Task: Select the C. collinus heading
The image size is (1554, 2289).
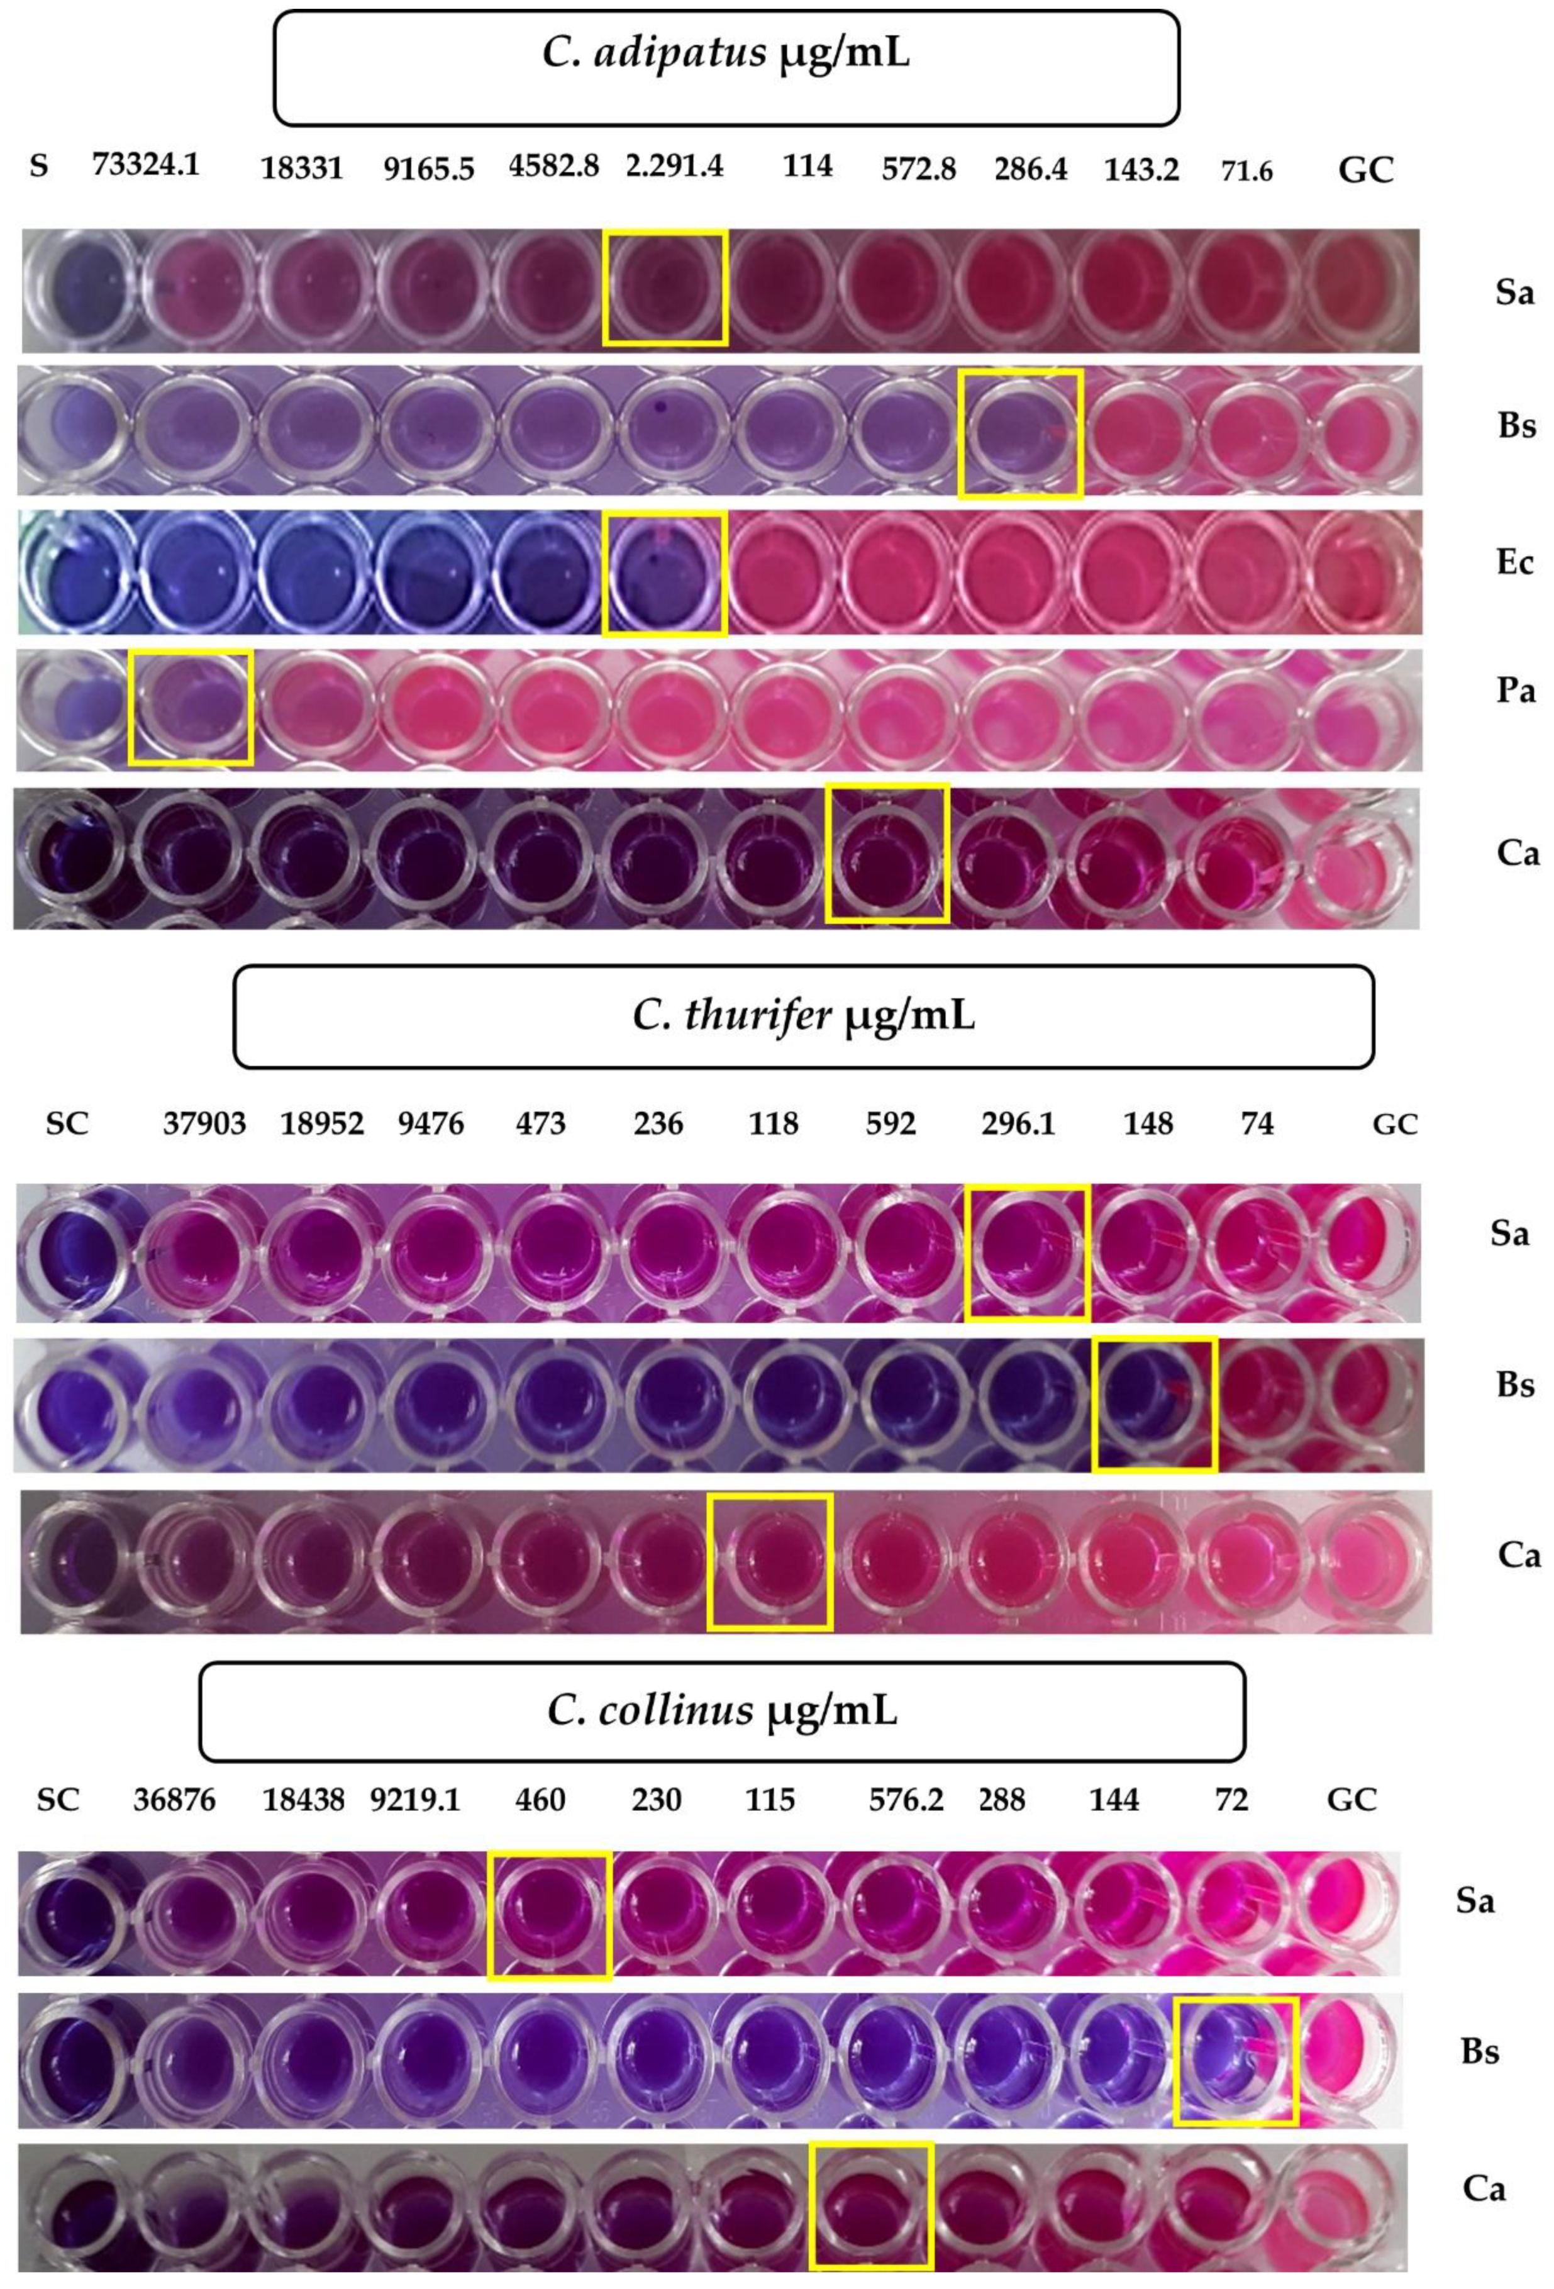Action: point(722,1711)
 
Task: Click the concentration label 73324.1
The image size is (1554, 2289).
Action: point(146,164)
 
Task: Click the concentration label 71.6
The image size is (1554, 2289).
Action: point(1246,171)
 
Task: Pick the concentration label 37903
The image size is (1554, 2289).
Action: point(204,1123)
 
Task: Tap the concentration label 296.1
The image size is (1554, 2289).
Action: point(1018,1123)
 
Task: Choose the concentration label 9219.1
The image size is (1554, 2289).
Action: point(414,1800)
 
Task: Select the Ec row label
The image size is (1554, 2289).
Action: point(1514,562)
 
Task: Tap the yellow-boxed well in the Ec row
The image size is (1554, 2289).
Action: point(665,573)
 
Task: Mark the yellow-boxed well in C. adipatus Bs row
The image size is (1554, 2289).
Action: point(1020,433)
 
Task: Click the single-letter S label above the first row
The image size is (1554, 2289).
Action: point(38,165)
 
